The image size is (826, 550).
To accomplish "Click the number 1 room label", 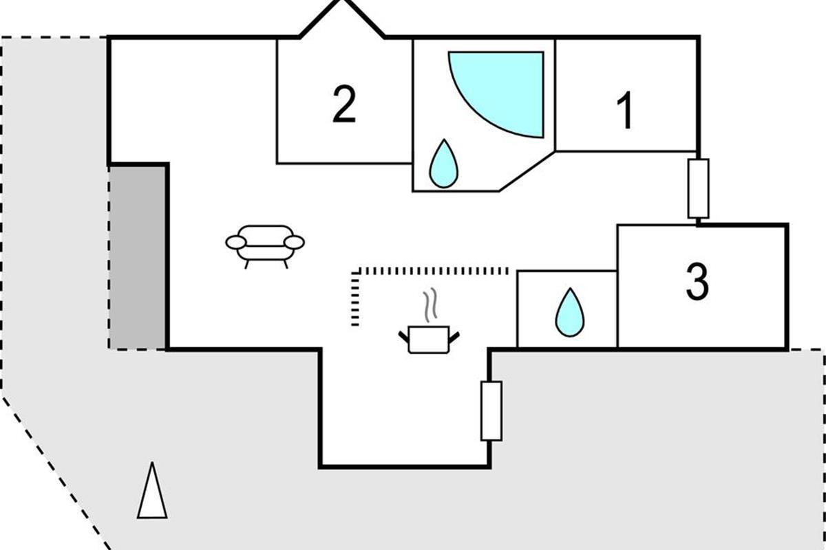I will click(625, 112).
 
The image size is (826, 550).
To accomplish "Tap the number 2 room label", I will click(344, 104).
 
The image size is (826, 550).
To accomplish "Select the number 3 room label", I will click(697, 283).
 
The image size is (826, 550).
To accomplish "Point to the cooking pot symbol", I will click(428, 339).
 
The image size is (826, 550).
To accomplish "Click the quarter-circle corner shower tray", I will click(502, 86).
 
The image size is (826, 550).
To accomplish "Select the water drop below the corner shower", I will click(443, 164).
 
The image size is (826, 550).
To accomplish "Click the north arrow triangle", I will click(152, 492).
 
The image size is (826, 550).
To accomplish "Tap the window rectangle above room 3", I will click(698, 188).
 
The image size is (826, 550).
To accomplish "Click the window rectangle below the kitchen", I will click(491, 410).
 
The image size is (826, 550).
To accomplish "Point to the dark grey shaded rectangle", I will click(138, 256).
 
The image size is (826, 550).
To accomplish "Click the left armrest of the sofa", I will click(235, 242).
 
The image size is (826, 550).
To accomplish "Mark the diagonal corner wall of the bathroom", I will click(526, 170).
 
